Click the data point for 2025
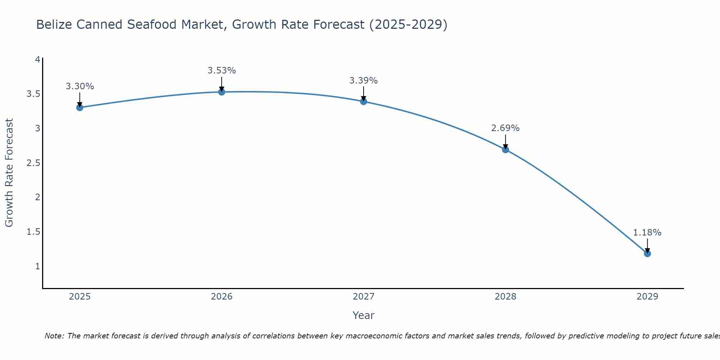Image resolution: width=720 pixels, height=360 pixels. [80, 108]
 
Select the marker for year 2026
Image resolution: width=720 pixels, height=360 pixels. [222, 92]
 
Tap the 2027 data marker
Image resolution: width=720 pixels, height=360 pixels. [364, 102]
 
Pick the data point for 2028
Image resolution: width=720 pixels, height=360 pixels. [505, 150]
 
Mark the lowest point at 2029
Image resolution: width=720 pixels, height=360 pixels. [647, 254]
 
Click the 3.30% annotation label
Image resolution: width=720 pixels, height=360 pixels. [80, 86]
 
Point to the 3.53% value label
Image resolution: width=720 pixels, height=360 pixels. [222, 71]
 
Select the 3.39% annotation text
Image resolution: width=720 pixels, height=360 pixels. [364, 81]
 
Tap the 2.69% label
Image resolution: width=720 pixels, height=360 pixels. [505, 128]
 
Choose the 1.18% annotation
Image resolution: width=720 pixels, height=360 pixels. [647, 233]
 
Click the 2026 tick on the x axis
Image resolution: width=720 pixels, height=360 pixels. [222, 297]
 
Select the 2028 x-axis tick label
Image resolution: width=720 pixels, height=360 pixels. [505, 297]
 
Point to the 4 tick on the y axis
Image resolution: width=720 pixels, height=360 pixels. [37, 59]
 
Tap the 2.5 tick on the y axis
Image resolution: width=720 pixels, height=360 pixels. [33, 163]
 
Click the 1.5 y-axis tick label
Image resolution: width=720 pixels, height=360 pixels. [33, 232]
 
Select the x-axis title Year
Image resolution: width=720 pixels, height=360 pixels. [364, 315]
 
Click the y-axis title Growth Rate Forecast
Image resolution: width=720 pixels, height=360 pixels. [9, 173]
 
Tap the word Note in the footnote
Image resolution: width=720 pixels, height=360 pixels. [54, 336]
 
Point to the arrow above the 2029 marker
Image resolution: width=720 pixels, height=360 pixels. [647, 246]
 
